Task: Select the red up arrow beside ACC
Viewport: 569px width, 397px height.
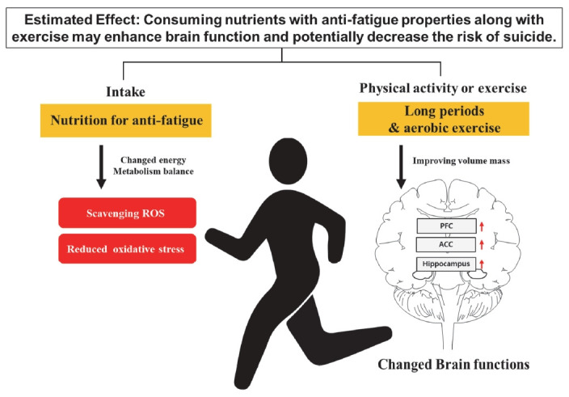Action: [x=482, y=243]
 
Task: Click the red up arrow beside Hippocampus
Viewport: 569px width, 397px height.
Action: [x=482, y=264]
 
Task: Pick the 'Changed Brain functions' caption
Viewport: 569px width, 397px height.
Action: [x=454, y=364]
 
